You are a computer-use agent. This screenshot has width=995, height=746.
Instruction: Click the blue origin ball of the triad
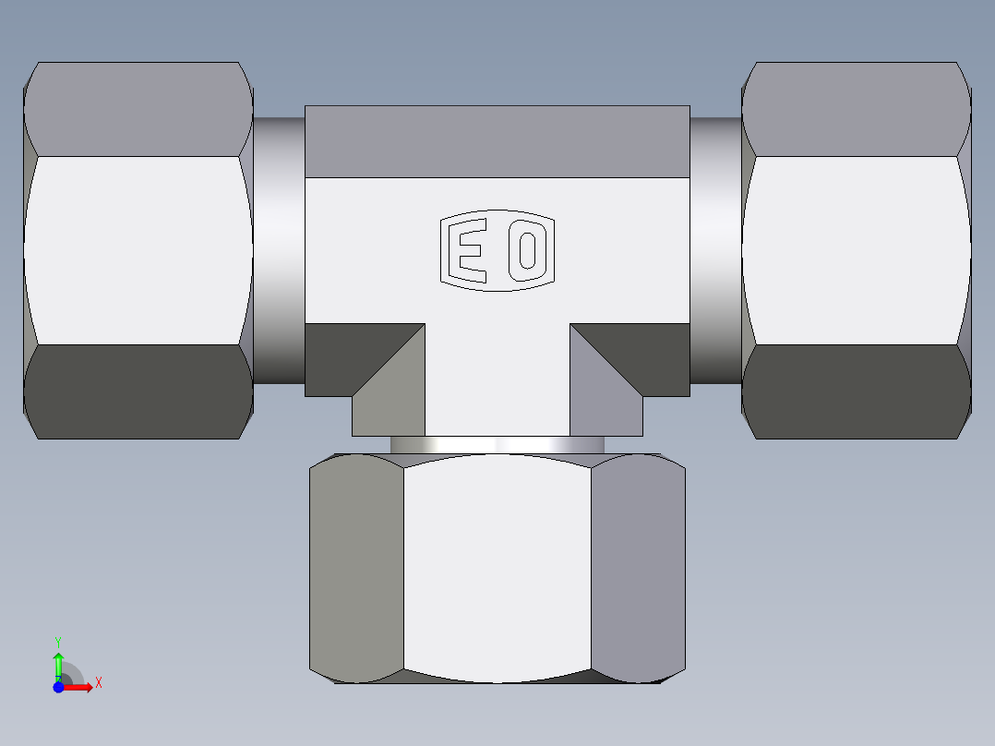(x=58, y=688)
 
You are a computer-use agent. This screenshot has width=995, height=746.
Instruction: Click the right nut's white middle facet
(x=857, y=250)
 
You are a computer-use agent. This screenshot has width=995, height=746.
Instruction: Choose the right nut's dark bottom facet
(x=857, y=391)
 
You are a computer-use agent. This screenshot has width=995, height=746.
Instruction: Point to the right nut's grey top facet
(x=857, y=109)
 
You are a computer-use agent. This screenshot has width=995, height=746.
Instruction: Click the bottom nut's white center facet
(x=497, y=568)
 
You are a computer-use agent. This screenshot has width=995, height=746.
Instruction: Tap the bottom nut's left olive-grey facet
(x=356, y=568)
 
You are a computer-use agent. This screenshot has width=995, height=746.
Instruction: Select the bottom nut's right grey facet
(x=638, y=568)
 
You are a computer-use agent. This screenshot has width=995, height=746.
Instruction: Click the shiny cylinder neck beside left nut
(x=279, y=250)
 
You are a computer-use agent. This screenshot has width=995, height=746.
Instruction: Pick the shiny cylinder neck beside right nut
(x=715, y=250)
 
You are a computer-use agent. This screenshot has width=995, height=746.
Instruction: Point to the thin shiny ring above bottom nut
(x=497, y=445)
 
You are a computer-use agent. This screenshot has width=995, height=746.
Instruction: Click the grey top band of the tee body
(x=497, y=141)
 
